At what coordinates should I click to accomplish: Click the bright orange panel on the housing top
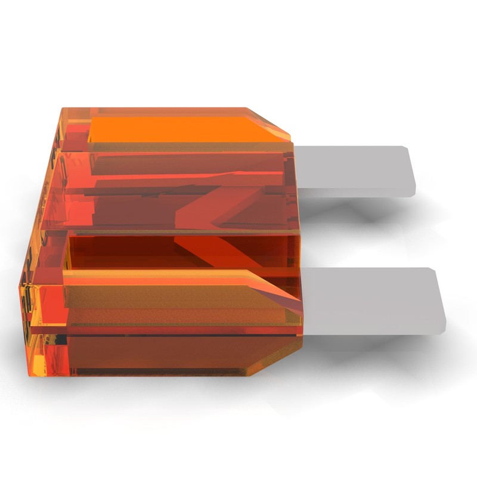pos(179,128)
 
